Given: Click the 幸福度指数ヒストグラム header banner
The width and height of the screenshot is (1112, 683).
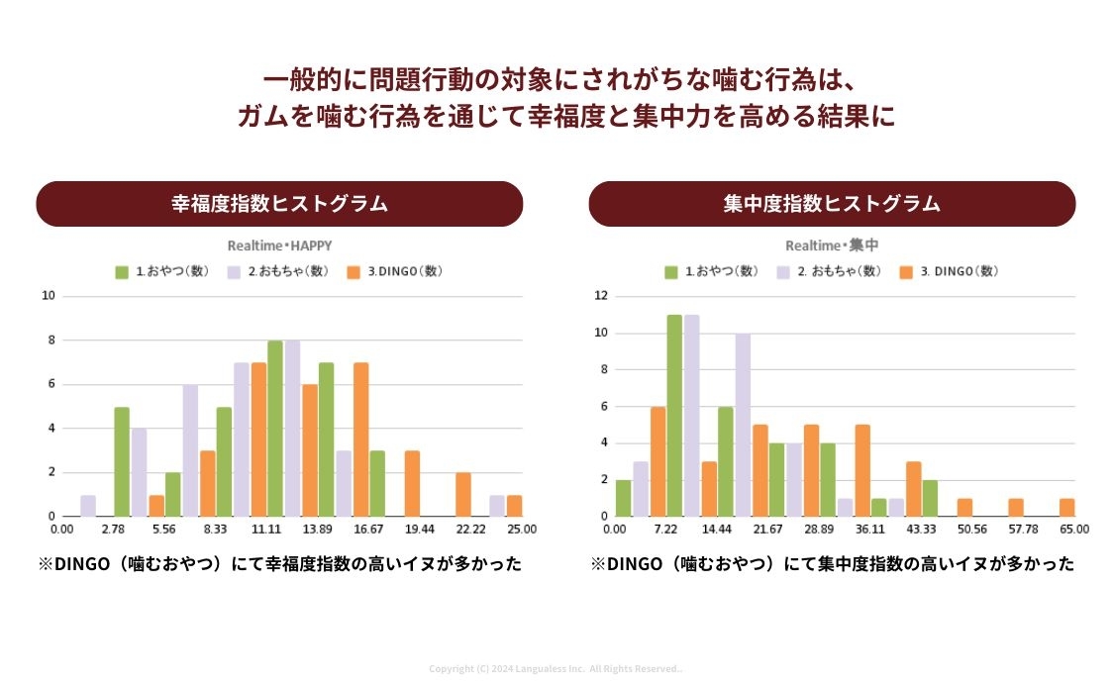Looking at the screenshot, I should click(279, 204).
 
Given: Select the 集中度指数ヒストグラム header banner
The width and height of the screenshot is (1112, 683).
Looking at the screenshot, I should click(832, 204).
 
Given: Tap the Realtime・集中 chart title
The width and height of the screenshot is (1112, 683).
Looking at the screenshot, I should click(832, 245).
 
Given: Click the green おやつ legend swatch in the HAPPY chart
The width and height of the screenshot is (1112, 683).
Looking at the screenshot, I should click(123, 271).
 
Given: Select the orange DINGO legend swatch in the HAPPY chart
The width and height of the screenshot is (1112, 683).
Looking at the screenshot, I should click(354, 271).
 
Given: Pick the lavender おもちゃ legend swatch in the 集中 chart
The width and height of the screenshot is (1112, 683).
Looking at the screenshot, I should click(783, 271).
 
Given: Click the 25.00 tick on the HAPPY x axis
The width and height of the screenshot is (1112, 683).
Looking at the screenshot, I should click(522, 530).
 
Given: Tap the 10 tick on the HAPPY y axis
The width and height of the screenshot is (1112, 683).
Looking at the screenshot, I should click(49, 296).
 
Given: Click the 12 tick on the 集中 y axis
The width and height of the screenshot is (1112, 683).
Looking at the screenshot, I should click(600, 296).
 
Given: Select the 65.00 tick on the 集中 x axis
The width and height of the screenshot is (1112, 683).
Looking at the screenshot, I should click(1074, 530).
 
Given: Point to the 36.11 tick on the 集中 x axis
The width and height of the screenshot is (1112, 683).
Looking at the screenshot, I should click(869, 530).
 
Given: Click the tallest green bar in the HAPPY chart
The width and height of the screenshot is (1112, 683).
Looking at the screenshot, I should click(275, 428).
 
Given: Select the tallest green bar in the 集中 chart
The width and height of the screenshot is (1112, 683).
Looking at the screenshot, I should click(674, 415).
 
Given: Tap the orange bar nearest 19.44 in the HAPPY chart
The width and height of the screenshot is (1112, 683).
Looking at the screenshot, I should click(412, 483).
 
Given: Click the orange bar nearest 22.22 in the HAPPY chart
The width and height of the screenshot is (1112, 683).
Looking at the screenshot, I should click(463, 494).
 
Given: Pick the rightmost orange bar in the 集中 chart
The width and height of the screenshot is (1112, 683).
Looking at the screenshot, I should click(1066, 507).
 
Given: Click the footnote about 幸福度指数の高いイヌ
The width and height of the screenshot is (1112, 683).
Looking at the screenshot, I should click(279, 564).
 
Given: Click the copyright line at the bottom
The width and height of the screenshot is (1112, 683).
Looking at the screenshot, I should click(556, 669).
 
